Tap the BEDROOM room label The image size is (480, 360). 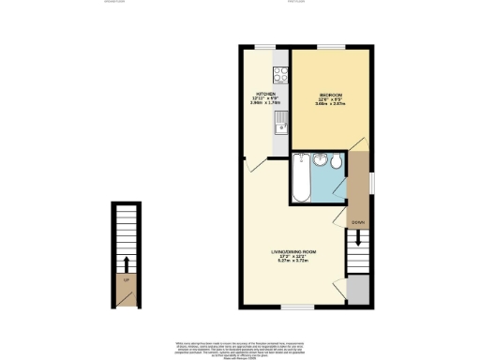coord(332,95)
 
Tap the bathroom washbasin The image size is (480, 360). coord(318,160)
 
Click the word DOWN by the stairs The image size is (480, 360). coord(356,222)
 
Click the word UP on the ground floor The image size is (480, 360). coord(124,278)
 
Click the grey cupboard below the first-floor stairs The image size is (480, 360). coord(356,291)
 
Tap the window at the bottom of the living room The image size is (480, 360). coord(298,307)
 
